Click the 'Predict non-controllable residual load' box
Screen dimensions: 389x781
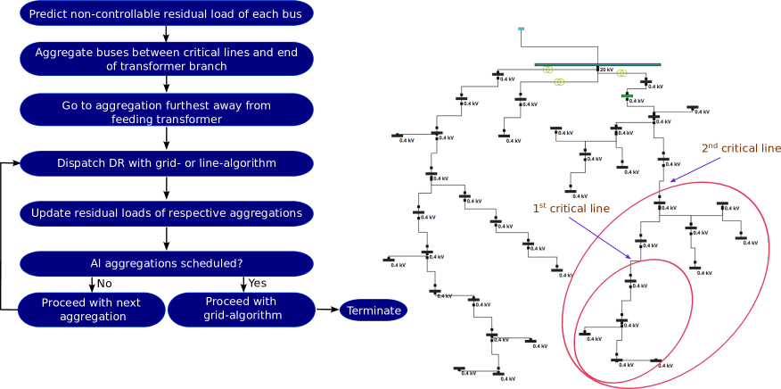coord(166,14)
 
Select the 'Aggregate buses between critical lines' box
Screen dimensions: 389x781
coord(166,59)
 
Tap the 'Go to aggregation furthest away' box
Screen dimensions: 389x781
coord(166,112)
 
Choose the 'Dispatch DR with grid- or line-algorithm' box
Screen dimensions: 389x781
coord(166,163)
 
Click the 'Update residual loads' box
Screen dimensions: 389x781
coord(166,213)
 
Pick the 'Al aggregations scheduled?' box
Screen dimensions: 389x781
coord(166,264)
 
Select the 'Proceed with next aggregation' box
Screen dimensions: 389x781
coord(91,310)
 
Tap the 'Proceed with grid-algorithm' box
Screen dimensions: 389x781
coord(241,309)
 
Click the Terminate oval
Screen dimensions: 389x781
coord(374,310)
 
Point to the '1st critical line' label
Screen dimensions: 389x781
coord(571,209)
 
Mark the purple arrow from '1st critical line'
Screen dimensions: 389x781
coord(599,238)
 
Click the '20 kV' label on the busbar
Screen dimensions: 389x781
coord(606,70)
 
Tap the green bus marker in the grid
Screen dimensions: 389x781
coord(627,95)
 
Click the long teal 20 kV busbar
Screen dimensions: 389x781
coord(588,64)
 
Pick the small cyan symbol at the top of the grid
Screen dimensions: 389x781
coord(521,29)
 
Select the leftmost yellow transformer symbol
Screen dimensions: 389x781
coord(547,69)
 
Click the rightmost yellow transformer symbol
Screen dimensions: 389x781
coord(622,73)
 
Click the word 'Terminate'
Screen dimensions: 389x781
coord(374,310)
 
